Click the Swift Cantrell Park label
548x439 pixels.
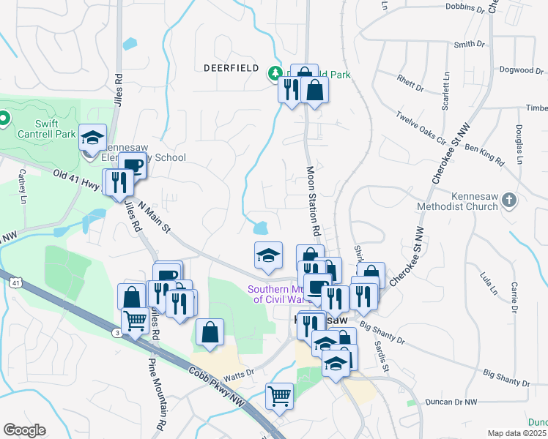point(45,129)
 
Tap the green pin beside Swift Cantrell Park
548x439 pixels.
point(4,118)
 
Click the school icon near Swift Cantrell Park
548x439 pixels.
point(93,138)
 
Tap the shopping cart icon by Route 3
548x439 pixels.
point(135,320)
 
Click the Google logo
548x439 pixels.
point(24,430)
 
